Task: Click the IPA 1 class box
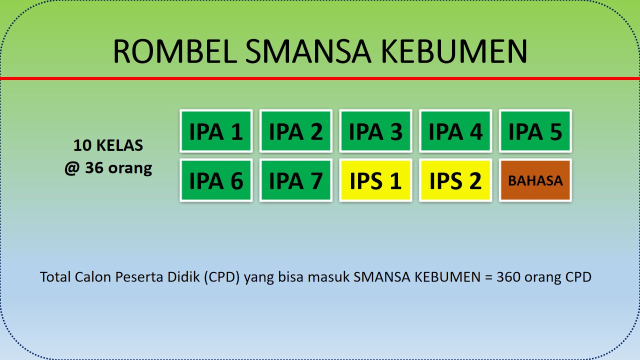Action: (216, 131)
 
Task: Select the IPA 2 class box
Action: (295, 131)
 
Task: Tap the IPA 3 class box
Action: (375, 131)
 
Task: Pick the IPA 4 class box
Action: (455, 131)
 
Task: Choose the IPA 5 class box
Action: (535, 131)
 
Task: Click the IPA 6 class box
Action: (216, 180)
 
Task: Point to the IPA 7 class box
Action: (295, 180)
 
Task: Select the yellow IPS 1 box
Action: (375, 180)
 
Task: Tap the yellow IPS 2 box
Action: (455, 180)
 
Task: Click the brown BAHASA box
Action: (535, 180)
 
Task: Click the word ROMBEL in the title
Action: (175, 51)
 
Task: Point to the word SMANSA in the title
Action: (308, 51)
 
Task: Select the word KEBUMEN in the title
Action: (454, 51)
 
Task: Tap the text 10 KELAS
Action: (108, 145)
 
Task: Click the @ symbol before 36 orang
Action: (72, 168)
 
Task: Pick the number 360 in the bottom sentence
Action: (508, 277)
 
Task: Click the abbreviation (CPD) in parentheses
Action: (222, 277)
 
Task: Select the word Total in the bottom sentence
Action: (55, 277)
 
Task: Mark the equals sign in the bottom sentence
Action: (488, 277)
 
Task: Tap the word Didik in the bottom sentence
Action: (183, 277)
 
